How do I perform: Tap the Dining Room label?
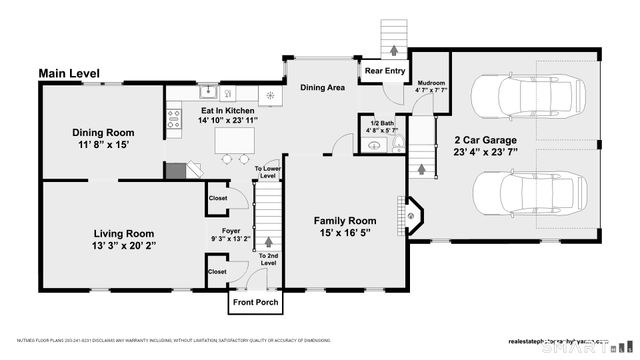(102, 139)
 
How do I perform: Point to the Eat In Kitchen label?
(229, 115)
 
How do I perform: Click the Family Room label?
(345, 227)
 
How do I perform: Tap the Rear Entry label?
(385, 72)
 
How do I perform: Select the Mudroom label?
(431, 86)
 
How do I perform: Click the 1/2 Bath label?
(381, 126)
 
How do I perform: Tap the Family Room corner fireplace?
(413, 213)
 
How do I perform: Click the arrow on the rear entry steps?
(393, 47)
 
